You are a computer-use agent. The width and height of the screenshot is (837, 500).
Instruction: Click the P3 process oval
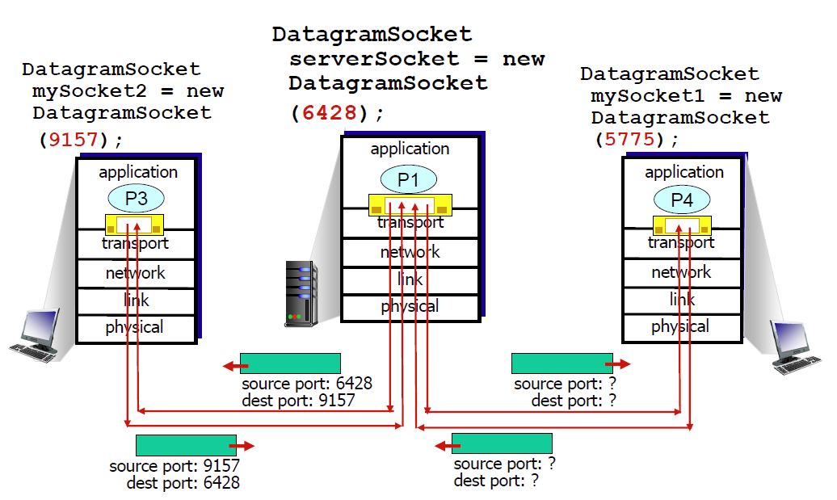[136, 199]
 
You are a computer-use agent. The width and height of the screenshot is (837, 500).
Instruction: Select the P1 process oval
[408, 180]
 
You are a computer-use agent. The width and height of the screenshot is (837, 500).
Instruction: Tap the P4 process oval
[682, 200]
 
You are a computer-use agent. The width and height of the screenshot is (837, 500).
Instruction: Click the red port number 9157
[74, 140]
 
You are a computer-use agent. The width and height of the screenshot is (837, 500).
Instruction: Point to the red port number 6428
[330, 112]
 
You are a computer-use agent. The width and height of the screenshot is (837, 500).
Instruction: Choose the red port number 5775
[629, 139]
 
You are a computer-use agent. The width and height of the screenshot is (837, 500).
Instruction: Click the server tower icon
[301, 293]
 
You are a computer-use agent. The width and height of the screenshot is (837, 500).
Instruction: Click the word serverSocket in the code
[374, 59]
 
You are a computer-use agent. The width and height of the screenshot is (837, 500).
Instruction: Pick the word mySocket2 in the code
[89, 91]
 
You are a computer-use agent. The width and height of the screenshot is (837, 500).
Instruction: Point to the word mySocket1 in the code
[647, 96]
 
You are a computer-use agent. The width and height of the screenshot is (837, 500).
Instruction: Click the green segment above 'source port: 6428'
[290, 363]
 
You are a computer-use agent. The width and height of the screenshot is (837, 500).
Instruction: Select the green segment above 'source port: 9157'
[187, 445]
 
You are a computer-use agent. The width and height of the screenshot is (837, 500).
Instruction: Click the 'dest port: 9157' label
[298, 400]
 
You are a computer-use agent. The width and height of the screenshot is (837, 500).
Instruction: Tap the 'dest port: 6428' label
[183, 482]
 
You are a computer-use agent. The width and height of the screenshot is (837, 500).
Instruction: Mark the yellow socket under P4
[682, 225]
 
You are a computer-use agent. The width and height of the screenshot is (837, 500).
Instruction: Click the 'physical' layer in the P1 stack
[410, 306]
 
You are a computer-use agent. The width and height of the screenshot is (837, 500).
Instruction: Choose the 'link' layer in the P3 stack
[136, 300]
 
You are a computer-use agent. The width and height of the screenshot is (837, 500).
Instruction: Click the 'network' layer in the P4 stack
[682, 272]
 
